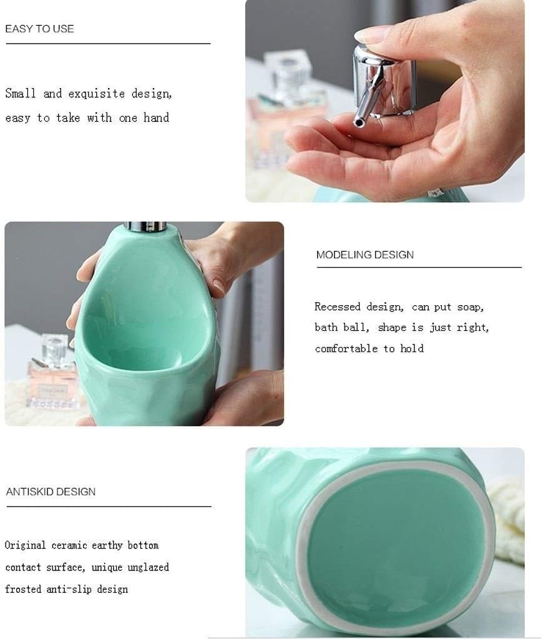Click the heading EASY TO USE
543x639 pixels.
tap(39, 29)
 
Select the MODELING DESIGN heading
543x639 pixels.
tap(364, 255)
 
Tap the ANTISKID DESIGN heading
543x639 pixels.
tap(51, 492)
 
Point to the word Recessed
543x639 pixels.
tap(337, 307)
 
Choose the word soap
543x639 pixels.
tap(471, 307)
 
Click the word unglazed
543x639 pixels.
tap(147, 567)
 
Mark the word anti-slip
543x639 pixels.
tap(68, 589)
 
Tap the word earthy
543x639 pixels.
tap(108, 545)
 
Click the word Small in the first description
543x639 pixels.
tap(21, 94)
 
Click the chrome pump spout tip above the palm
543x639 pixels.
tap(360, 122)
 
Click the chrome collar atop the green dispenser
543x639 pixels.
tap(145, 226)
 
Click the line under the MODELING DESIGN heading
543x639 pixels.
tap(418, 268)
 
